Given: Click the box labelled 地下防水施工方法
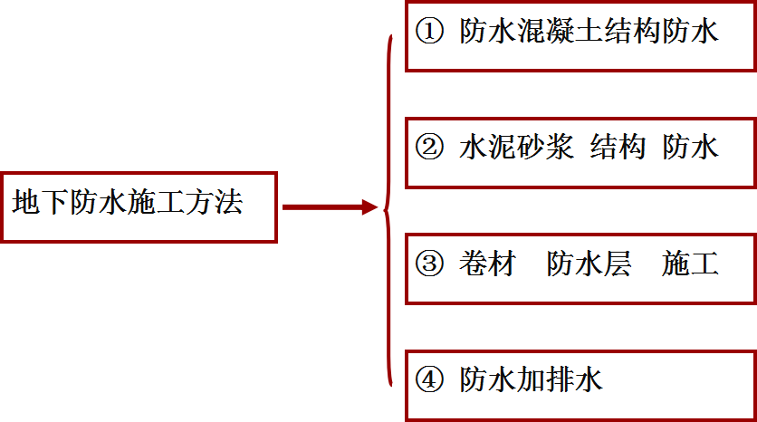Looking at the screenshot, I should [x=139, y=206].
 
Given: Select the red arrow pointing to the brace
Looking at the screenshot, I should [x=330, y=207].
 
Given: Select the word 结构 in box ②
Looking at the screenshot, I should [x=618, y=147].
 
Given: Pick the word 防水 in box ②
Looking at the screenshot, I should [x=690, y=147].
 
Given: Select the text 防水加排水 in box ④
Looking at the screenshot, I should [x=531, y=379].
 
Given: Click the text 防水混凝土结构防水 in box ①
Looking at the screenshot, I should [x=589, y=32].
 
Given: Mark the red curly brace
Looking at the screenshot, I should [x=390, y=207].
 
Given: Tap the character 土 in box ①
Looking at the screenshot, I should [x=574, y=32].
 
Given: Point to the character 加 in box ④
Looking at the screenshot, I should [x=531, y=379].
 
